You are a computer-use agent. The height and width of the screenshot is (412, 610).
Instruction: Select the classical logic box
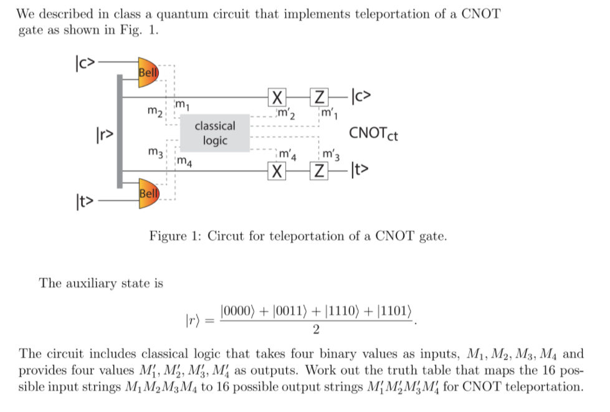[215, 133]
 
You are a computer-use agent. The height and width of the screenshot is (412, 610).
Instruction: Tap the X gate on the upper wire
[277, 97]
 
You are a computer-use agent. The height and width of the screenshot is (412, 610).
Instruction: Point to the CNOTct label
[373, 133]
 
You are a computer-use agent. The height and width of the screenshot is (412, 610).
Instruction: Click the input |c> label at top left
[85, 62]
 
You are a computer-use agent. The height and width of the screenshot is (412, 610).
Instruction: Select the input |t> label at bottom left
[85, 202]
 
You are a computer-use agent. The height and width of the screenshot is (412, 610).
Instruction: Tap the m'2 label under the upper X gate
[287, 113]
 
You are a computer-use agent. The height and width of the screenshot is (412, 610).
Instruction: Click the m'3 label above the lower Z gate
[331, 154]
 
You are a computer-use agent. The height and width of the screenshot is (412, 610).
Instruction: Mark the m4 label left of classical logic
[184, 163]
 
